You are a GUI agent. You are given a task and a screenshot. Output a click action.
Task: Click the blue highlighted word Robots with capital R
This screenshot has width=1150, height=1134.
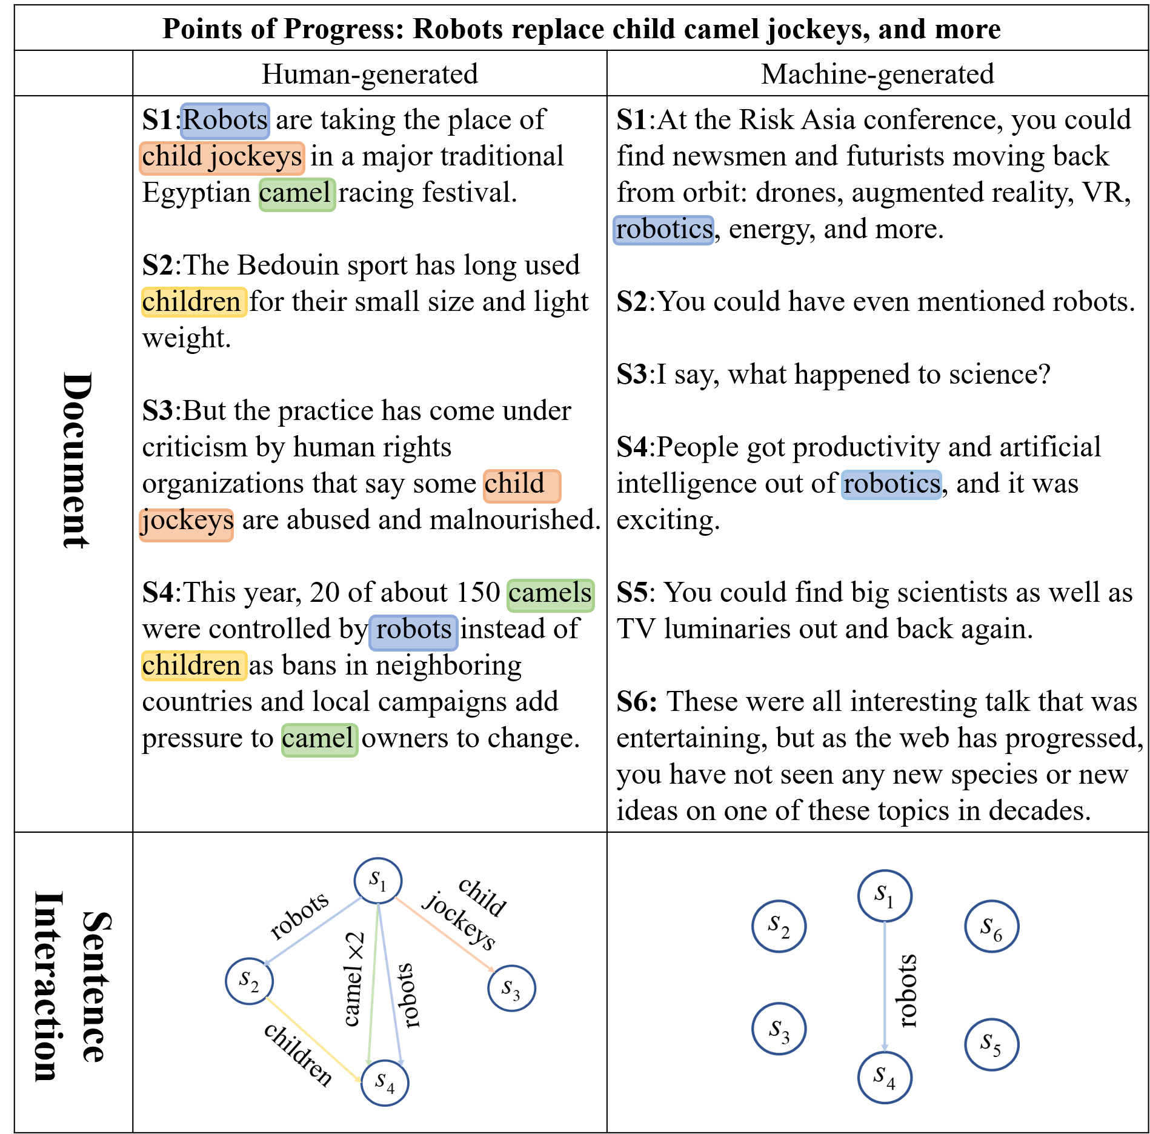coord(225,121)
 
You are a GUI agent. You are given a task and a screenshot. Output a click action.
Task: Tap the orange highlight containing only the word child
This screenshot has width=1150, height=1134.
coord(522,486)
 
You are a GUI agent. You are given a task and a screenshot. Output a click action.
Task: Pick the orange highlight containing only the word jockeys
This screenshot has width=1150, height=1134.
coord(186,524)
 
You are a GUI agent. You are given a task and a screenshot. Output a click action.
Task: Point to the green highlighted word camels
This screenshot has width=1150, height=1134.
coord(550,595)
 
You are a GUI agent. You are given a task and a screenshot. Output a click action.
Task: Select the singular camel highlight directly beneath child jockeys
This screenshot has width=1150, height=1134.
coord(297,195)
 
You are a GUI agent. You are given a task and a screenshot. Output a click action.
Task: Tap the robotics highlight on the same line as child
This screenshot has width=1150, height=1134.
coord(891,484)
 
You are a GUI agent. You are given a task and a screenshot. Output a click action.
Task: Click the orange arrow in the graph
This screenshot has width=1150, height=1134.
coord(444,934)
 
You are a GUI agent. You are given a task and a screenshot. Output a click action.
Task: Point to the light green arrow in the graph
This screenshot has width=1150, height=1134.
coord(373,982)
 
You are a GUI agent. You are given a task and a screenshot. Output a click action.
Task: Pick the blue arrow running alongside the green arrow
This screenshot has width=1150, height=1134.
coord(390,985)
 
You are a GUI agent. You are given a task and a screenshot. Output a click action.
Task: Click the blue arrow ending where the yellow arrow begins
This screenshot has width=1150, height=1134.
coord(313,930)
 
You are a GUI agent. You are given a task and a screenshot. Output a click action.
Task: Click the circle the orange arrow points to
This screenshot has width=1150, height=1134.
coord(511,988)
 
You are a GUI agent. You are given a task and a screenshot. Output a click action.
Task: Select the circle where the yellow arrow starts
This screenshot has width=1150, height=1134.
coord(249,981)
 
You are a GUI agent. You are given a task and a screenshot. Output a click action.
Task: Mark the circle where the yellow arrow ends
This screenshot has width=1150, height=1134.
coord(385,1082)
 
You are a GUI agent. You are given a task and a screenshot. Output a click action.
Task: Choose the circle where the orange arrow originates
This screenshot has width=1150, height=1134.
coord(377,880)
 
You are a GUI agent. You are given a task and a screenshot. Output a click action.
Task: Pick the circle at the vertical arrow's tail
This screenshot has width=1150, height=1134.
coord(885,896)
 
